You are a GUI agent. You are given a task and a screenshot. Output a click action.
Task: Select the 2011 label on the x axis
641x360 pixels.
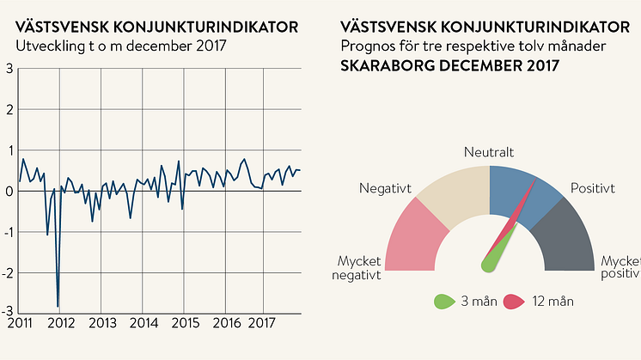[20, 324]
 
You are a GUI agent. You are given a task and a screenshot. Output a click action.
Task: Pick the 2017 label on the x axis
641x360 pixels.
[261, 324]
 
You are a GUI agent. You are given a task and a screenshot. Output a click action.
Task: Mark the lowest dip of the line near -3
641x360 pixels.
[58, 306]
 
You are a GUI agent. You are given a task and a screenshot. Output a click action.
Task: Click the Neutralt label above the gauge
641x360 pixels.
[489, 152]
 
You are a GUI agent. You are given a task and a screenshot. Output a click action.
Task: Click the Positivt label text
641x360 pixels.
[592, 188]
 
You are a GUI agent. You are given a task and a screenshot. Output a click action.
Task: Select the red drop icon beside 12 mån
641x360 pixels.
[513, 301]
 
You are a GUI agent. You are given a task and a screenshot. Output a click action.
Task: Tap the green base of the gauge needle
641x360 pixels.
[489, 264]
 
